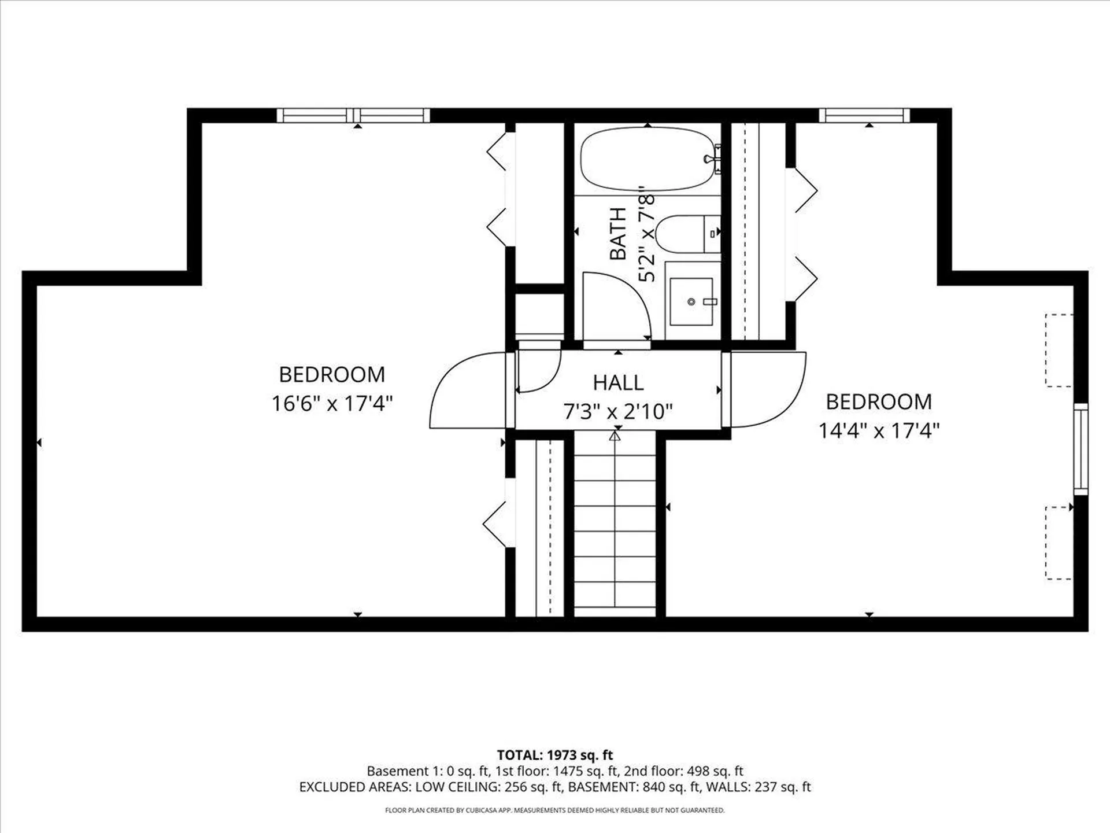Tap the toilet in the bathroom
click(x=685, y=234)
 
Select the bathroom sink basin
click(x=691, y=301)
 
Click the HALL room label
click(x=618, y=382)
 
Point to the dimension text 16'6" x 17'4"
click(x=332, y=403)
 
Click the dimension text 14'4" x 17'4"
click(x=878, y=430)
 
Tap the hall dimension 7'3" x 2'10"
click(x=618, y=411)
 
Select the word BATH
click(x=618, y=234)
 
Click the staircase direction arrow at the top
click(x=615, y=436)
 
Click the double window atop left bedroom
click(x=353, y=115)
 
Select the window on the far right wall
click(x=1081, y=449)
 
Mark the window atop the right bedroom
click(x=864, y=115)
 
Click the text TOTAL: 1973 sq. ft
click(x=554, y=755)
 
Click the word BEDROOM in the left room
click(x=332, y=374)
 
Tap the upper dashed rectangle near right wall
click(x=1059, y=350)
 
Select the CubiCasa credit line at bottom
click(x=554, y=810)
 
